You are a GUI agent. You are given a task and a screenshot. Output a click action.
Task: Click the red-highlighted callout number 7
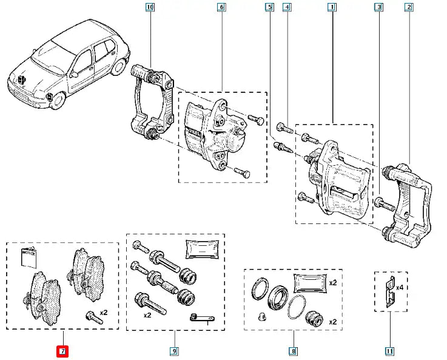[62, 350]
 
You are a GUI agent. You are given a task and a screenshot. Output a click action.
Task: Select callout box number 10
[150, 7]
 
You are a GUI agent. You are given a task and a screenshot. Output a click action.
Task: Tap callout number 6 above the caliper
[221, 7]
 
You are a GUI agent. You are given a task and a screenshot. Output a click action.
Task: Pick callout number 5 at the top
[269, 7]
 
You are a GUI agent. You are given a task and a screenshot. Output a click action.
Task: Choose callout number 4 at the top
[287, 7]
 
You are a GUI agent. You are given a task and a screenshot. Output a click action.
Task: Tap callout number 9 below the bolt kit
[173, 350]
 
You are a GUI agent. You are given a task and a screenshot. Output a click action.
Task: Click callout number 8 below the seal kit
[293, 350]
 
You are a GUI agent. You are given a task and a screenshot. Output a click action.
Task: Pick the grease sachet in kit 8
[309, 284]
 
